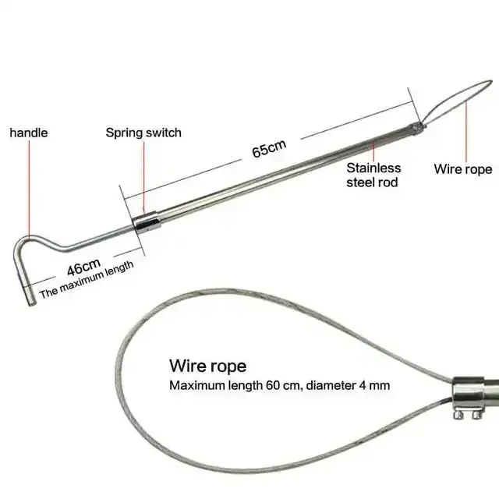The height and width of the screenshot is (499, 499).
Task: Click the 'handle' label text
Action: (28, 133)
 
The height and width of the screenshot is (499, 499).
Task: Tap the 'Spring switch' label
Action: (143, 133)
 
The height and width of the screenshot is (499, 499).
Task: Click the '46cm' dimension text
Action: (82, 268)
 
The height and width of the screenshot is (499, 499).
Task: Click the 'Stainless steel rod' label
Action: (373, 175)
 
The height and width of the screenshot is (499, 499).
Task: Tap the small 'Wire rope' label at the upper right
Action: (463, 168)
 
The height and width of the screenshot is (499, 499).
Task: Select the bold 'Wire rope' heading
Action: (207, 366)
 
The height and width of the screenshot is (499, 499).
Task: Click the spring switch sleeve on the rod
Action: (147, 221)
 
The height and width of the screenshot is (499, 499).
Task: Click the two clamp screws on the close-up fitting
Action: (465, 419)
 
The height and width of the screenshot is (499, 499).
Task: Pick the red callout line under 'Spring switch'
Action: (143, 175)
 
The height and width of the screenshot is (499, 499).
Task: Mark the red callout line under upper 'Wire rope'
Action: (467, 129)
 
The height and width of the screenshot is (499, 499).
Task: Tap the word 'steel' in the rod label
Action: (360, 182)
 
